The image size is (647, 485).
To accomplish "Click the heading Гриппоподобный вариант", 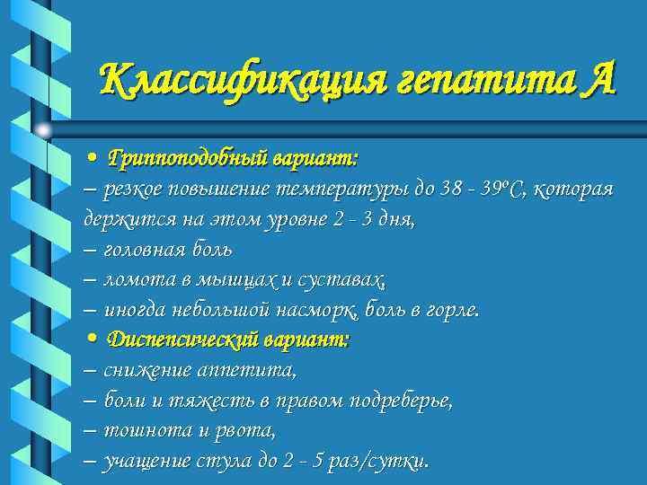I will (233, 158).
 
